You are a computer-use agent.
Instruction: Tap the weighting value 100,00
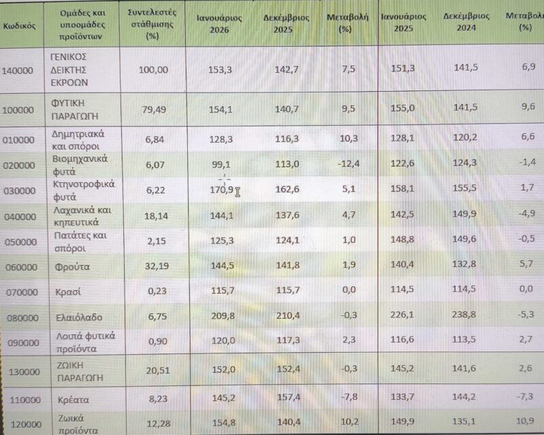point(153,69)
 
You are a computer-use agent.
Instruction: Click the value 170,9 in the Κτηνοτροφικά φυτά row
point(221,190)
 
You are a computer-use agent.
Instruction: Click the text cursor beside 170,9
point(238,192)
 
